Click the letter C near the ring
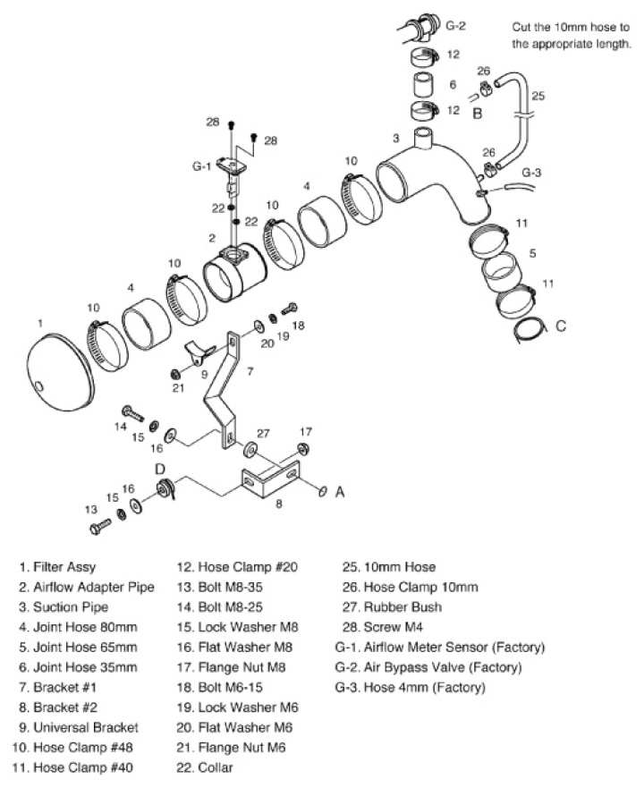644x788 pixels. point(561,326)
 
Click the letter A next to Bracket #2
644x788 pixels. point(339,491)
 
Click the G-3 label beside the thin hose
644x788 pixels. point(531,172)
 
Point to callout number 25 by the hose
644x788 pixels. point(538,94)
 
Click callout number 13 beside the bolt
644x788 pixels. point(90,509)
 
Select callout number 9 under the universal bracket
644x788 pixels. point(204,374)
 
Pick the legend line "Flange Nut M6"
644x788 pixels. point(236,747)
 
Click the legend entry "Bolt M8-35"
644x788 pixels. point(229,607)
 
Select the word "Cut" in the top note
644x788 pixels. point(524,28)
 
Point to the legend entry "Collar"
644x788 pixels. point(219,767)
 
